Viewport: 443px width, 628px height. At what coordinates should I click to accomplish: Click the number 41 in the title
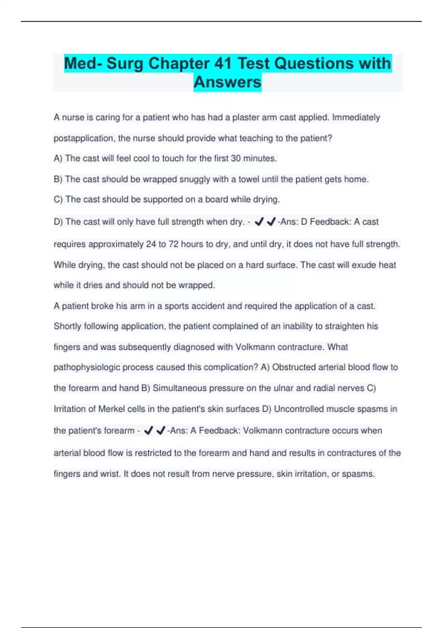tap(223, 63)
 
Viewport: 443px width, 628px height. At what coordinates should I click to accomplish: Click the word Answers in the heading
tap(227, 82)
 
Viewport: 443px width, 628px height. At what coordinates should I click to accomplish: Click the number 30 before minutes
tap(236, 158)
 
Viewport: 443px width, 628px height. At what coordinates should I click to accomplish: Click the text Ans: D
tap(294, 222)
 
